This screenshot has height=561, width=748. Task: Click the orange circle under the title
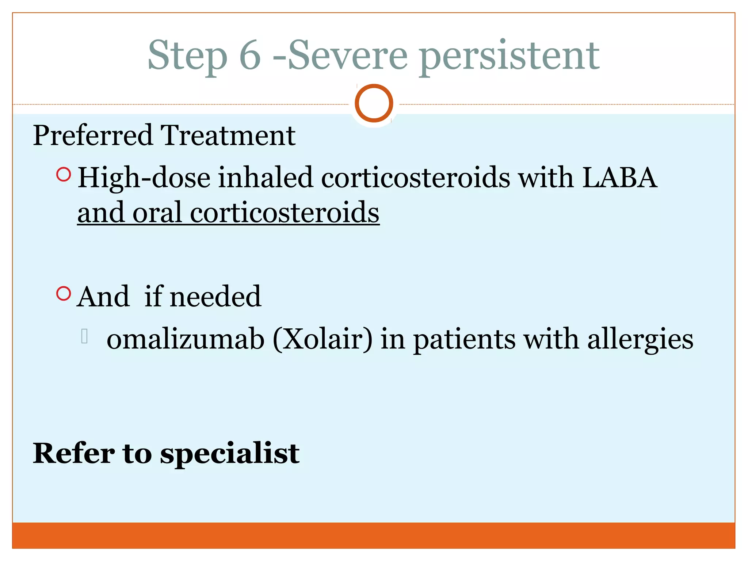374,103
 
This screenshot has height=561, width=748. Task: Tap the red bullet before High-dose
64,175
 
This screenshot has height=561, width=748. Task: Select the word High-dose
144,178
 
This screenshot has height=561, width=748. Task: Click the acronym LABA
619,178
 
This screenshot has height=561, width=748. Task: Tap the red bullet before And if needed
64,293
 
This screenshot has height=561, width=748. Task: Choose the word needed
215,296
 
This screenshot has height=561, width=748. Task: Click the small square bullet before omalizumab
84,336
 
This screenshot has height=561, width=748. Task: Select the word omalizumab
186,339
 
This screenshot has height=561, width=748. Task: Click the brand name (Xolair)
323,339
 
